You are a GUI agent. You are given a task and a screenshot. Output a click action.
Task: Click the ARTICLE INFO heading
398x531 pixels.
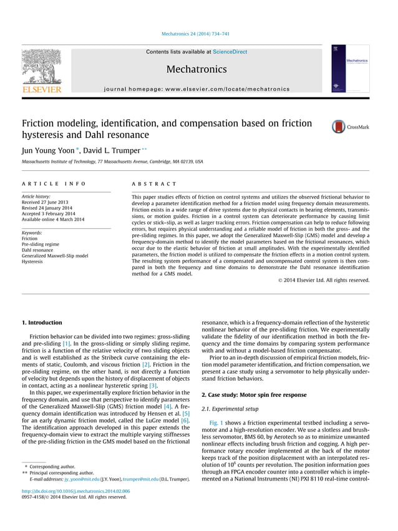coord(54,184)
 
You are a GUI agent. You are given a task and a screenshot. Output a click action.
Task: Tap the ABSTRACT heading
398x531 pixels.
coord(154,184)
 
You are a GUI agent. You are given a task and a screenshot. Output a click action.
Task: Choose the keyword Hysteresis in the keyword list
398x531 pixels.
coord(35,262)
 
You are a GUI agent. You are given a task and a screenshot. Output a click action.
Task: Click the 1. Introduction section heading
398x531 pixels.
coord(42,323)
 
